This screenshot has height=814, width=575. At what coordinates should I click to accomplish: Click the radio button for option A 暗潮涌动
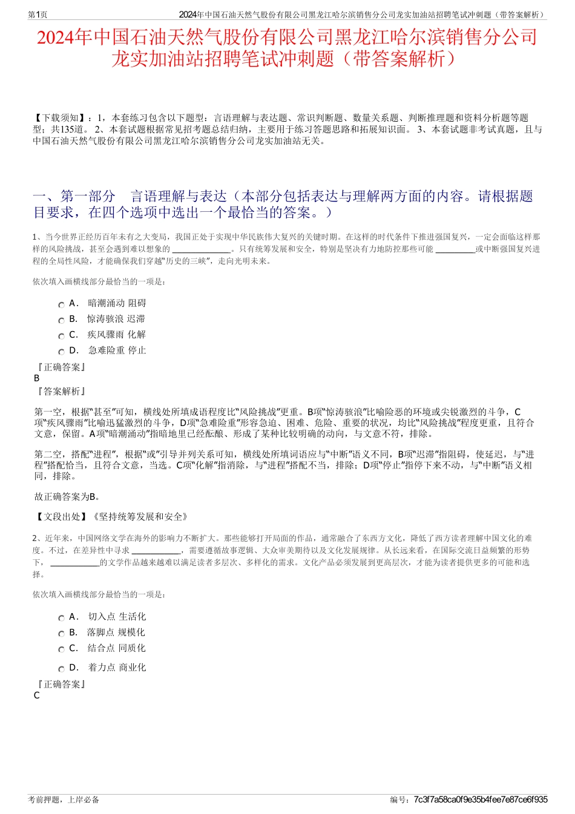[61, 305]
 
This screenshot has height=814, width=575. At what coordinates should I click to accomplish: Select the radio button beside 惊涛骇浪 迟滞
[61, 321]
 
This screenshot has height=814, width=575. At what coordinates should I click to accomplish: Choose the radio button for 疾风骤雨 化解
[61, 336]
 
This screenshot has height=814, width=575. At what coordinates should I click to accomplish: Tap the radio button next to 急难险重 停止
[61, 352]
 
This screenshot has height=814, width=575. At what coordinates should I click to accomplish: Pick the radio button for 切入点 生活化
[61, 619]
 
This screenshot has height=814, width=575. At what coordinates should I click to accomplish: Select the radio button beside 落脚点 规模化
[61, 634]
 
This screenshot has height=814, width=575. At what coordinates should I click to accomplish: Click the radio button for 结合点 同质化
[61, 650]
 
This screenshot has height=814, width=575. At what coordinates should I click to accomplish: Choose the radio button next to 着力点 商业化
[61, 669]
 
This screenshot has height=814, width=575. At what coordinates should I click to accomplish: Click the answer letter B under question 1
[37, 378]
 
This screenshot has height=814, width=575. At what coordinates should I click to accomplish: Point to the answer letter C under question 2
[37, 695]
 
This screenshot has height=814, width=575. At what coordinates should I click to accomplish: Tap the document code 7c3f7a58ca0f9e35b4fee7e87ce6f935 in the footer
[481, 799]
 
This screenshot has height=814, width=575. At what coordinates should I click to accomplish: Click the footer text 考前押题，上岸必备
[64, 799]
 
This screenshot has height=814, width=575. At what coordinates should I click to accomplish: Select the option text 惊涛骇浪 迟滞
[116, 319]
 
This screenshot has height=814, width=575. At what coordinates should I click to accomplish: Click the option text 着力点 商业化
[117, 668]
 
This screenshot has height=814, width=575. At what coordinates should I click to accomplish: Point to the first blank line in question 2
[156, 551]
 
